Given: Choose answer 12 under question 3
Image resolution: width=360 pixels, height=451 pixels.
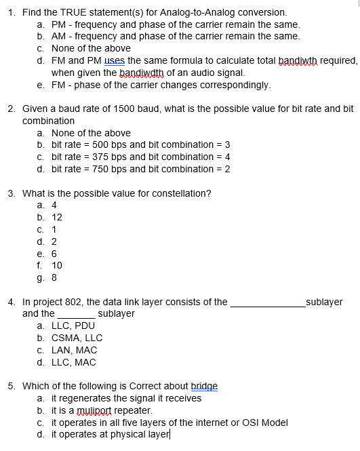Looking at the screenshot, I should [57, 217].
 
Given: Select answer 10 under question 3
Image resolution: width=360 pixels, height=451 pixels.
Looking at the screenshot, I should [57, 265].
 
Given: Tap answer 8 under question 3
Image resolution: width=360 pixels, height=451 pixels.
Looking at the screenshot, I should [54, 277].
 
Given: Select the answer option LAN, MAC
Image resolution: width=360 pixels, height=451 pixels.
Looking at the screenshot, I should [74, 350].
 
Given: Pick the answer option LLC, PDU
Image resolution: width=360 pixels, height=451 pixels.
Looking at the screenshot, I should [73, 326].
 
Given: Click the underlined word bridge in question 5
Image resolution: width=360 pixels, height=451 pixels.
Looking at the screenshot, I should [204, 386].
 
